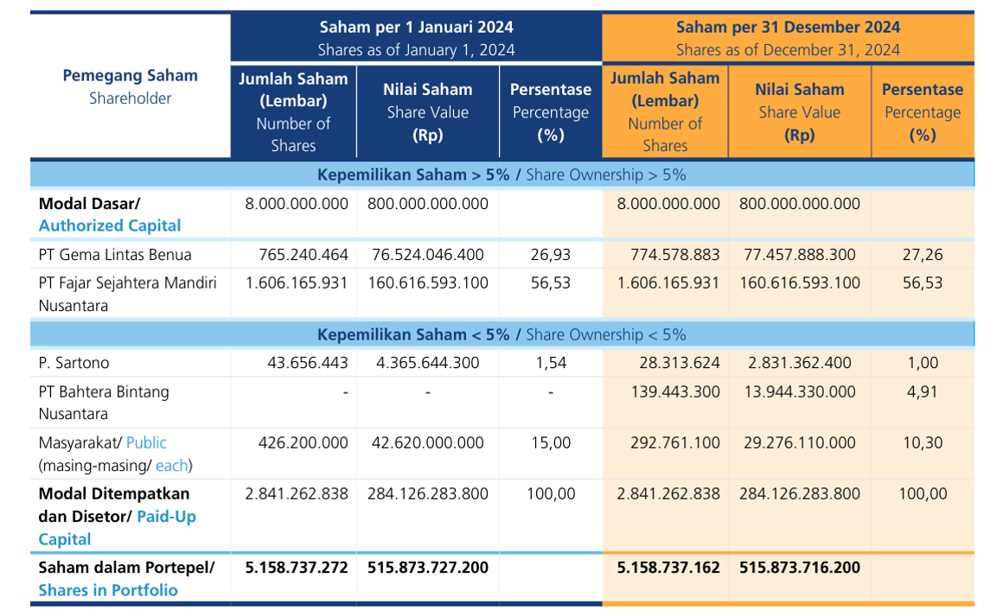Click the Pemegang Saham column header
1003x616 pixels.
[x=130, y=86]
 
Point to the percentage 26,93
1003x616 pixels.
[x=550, y=255]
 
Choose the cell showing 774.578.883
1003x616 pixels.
[x=668, y=255]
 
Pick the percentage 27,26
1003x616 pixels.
[x=922, y=255]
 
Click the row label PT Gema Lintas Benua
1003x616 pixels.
[x=115, y=255]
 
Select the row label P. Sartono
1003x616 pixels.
[x=74, y=363]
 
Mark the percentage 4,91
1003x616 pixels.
[x=922, y=391]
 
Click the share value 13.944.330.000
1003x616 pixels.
[x=797, y=391]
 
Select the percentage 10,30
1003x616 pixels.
[x=922, y=443]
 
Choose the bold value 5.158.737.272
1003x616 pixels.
[x=297, y=568]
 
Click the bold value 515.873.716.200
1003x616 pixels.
[x=800, y=568]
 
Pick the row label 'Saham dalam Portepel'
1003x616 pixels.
[x=126, y=568]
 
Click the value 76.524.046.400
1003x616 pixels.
[x=427, y=255]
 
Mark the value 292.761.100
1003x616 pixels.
[x=668, y=443]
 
